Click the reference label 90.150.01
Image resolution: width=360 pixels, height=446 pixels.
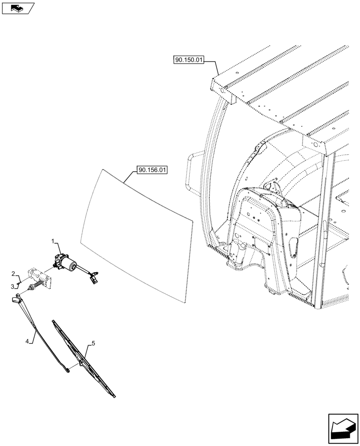point(188,61)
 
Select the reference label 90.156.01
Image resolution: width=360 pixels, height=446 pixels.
point(152,170)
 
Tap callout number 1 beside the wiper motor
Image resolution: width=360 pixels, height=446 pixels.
point(54,241)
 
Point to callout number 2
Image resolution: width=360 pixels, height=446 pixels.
point(13,273)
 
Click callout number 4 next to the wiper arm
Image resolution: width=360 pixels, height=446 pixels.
point(27,342)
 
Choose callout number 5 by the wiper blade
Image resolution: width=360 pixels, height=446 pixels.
point(93,343)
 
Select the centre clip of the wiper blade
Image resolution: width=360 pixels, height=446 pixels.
point(81,363)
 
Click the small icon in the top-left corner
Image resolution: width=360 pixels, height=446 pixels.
point(17,8)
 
